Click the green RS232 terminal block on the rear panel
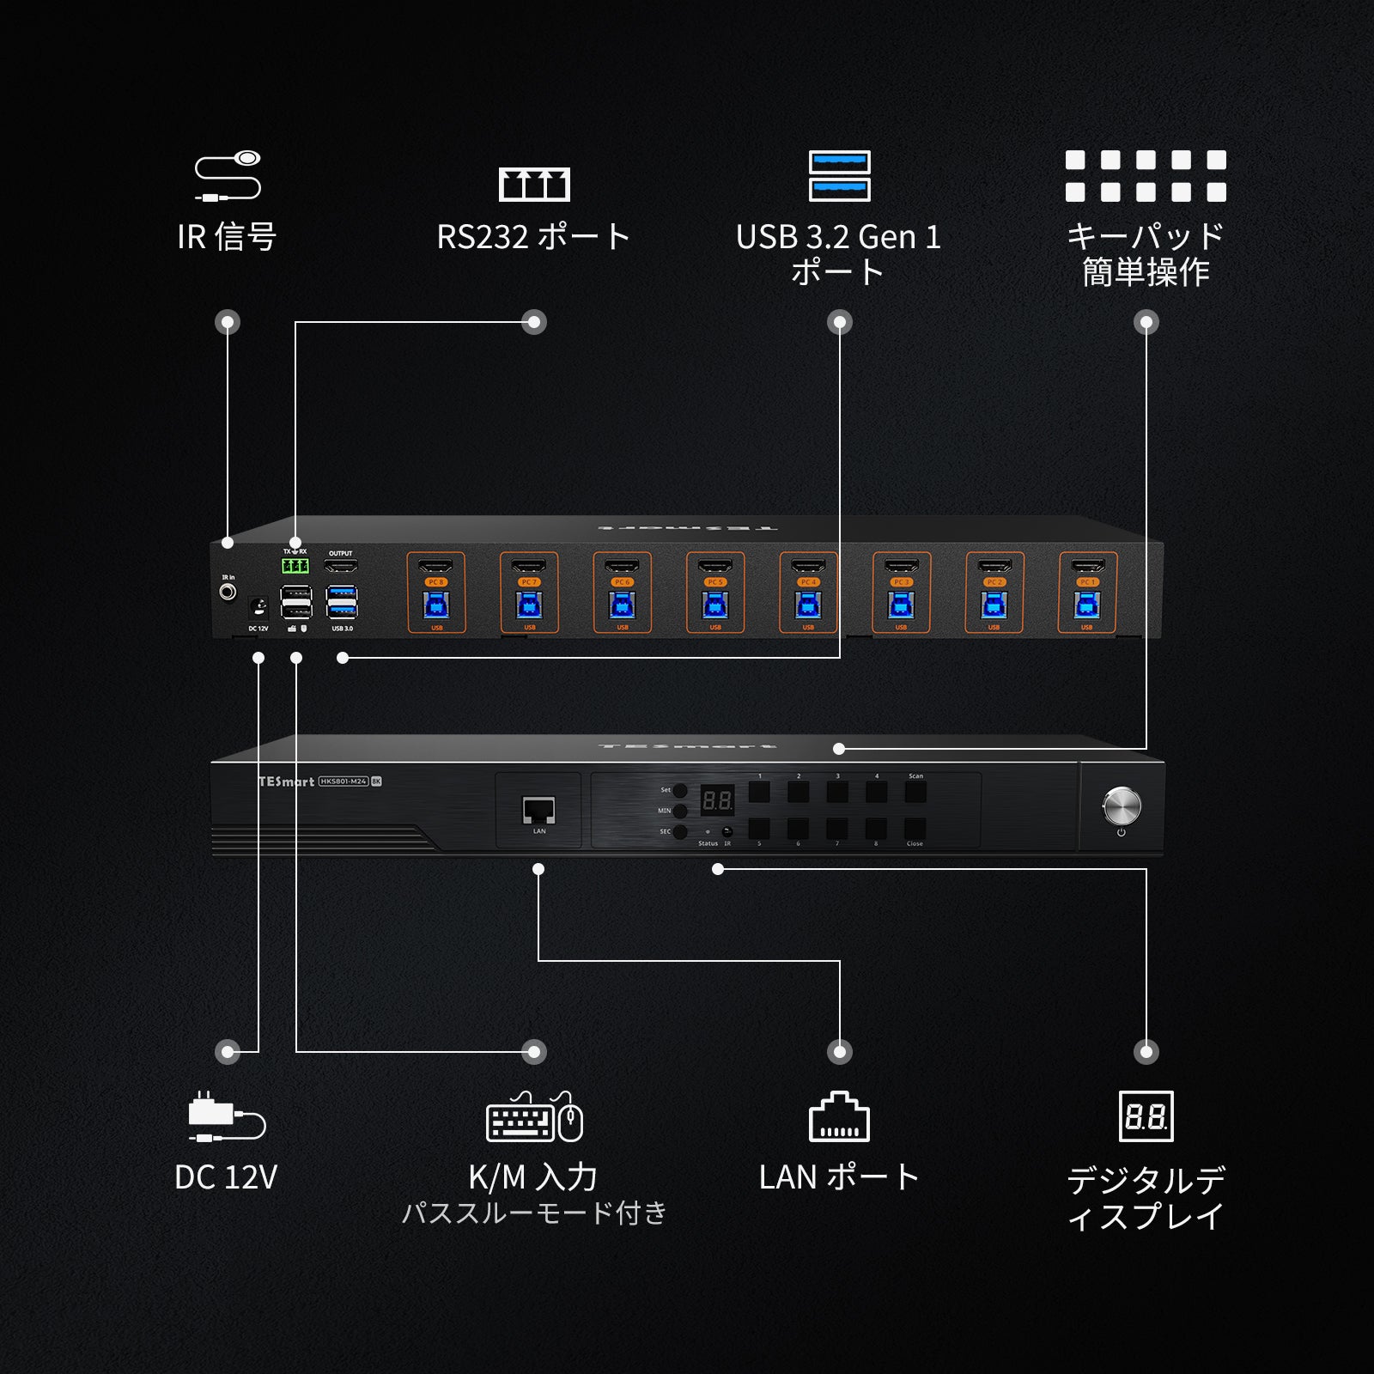coord(295,565)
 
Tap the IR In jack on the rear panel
coord(228,593)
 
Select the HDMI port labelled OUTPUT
coord(341,566)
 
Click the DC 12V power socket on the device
coord(258,608)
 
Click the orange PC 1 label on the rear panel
coord(1088,582)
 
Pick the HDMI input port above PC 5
coord(715,566)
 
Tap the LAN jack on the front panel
coord(538,810)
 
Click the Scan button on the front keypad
coord(915,792)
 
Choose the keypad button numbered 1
coord(759,792)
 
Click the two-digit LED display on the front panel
coord(717,801)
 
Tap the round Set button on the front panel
coord(680,790)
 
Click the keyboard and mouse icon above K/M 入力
coord(534,1117)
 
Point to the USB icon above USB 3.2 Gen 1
coord(839,176)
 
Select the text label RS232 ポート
coord(533,237)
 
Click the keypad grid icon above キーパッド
coord(1146,176)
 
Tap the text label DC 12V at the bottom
coord(226,1177)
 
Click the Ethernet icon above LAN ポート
coord(839,1117)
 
